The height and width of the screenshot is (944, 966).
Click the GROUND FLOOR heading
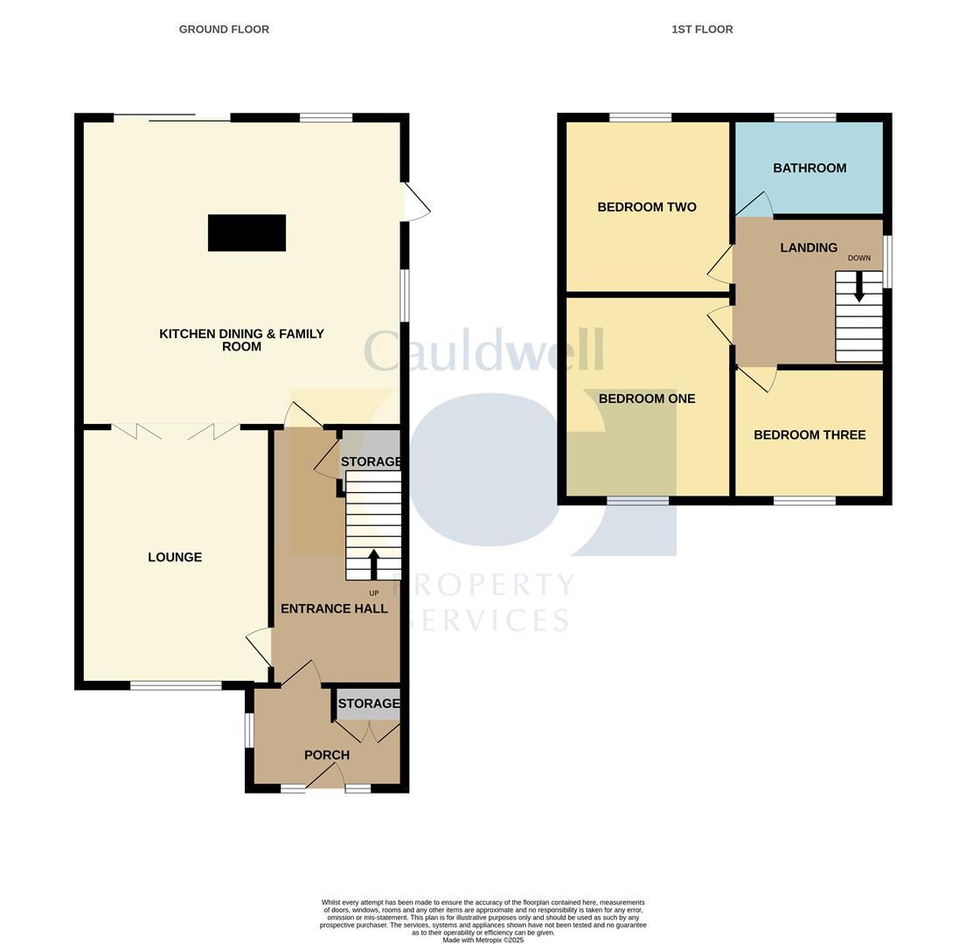pyautogui.click(x=224, y=29)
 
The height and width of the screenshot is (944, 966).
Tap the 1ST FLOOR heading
pyautogui.click(x=702, y=29)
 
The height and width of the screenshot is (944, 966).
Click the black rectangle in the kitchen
pyautogui.click(x=247, y=233)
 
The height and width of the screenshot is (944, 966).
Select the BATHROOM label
pyautogui.click(x=810, y=168)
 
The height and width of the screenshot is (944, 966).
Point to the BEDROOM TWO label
pyautogui.click(x=647, y=207)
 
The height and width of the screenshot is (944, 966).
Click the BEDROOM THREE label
pyautogui.click(x=810, y=434)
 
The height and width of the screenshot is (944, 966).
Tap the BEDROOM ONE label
pyautogui.click(x=647, y=399)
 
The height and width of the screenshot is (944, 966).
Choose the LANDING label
pyautogui.click(x=809, y=247)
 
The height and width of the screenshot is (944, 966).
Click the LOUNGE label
pyautogui.click(x=175, y=558)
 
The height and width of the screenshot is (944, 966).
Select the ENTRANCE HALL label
pyautogui.click(x=334, y=608)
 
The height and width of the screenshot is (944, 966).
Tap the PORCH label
pyautogui.click(x=327, y=755)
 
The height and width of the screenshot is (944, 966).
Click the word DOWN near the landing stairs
pyautogui.click(x=858, y=258)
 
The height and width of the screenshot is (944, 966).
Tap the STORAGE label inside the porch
pyautogui.click(x=368, y=704)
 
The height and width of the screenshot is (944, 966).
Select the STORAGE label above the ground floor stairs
pyautogui.click(x=371, y=462)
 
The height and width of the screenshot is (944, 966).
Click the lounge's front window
pyautogui.click(x=176, y=685)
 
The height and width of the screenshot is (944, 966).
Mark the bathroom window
pyautogui.click(x=804, y=117)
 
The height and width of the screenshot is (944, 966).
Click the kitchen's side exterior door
pyautogui.click(x=416, y=202)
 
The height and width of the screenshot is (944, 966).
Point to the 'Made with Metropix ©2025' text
pyautogui.click(x=483, y=941)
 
